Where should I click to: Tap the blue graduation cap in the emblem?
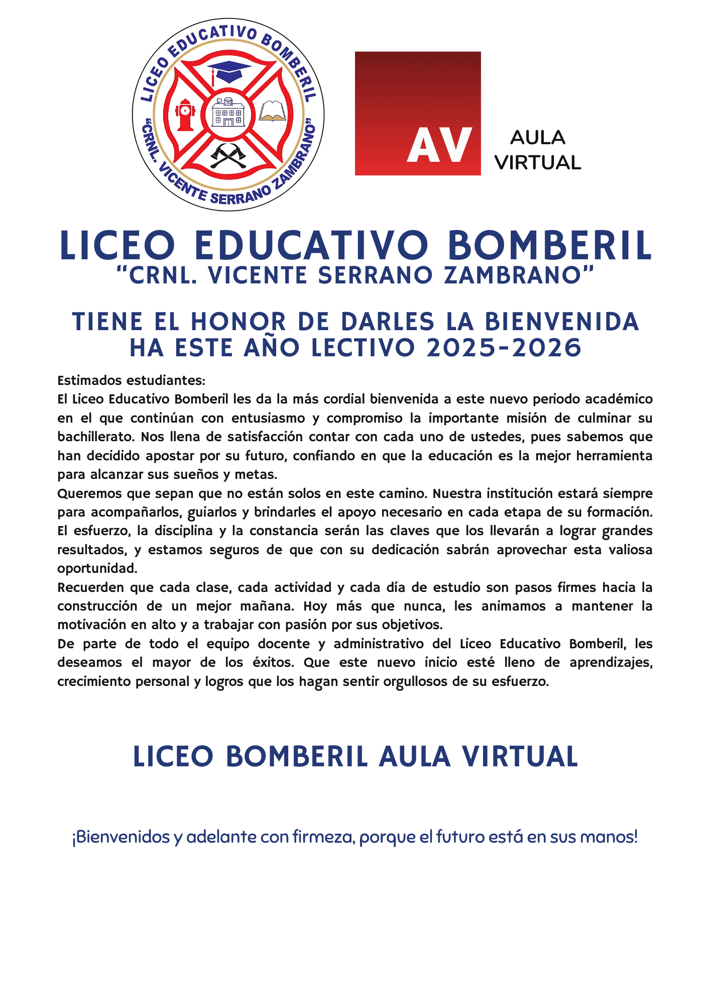click(228, 71)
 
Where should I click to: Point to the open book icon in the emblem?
click(272, 111)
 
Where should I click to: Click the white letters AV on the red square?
click(439, 145)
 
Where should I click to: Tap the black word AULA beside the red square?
click(538, 138)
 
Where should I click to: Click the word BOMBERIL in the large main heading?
click(549, 246)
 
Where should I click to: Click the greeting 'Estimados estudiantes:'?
click(132, 380)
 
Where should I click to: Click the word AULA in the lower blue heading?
click(414, 757)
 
